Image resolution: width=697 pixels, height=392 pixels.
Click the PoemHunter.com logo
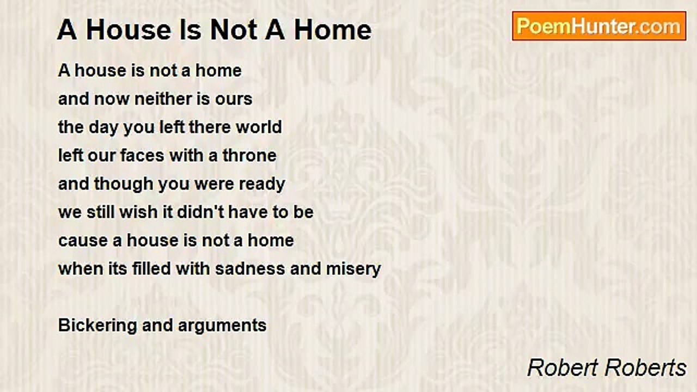pos(599,26)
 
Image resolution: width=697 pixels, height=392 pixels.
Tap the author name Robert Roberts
pos(607,367)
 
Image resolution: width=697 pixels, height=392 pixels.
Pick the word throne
pos(249,156)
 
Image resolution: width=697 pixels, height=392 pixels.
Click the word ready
pos(262,185)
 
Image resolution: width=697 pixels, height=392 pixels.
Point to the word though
pos(123,185)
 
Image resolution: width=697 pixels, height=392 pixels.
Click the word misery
pos(353,269)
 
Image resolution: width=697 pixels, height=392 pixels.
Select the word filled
pos(151,269)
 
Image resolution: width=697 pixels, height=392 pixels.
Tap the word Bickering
pos(97,326)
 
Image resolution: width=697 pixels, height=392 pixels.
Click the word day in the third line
pos(103,128)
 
